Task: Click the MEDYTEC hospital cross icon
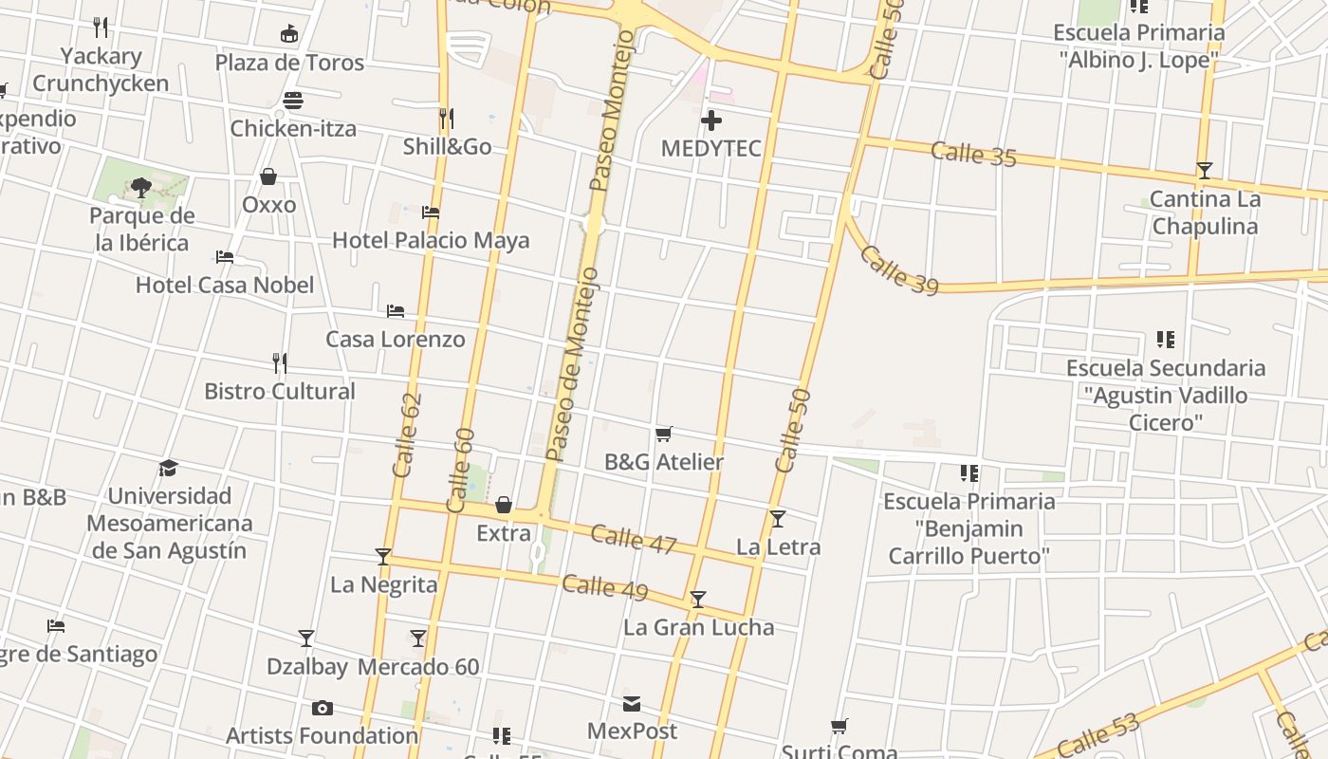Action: tap(711, 120)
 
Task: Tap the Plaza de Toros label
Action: tap(289, 63)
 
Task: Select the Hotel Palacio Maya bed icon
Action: tap(431, 213)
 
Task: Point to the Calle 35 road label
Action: tap(973, 153)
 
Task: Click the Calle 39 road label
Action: tap(898, 268)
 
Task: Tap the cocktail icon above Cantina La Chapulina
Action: tap(1204, 171)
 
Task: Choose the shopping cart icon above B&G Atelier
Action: tap(664, 434)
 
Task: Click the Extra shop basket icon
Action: tap(504, 505)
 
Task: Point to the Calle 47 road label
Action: tap(633, 538)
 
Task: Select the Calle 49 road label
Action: tap(604, 587)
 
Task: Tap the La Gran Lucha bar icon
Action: tap(698, 600)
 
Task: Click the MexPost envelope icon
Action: tap(632, 704)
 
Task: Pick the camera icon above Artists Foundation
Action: tap(322, 708)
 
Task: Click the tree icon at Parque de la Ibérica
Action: tap(141, 188)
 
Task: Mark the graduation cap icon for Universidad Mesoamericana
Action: tap(169, 468)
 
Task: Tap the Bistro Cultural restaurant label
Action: tap(280, 391)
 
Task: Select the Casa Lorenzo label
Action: tap(396, 339)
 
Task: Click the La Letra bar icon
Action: tap(778, 519)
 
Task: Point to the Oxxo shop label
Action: tap(269, 204)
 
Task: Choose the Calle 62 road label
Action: tap(406, 435)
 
